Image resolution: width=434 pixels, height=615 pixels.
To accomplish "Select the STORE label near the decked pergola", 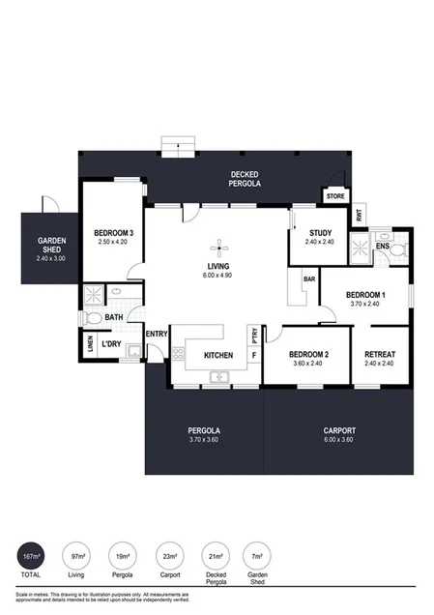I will pyautogui.click(x=335, y=196).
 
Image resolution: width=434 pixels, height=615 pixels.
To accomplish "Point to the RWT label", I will pyautogui.click(x=360, y=217).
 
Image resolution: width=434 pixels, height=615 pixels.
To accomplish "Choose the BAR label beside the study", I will pyautogui.click(x=309, y=279).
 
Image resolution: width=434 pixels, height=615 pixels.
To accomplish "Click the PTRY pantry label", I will pyautogui.click(x=253, y=336).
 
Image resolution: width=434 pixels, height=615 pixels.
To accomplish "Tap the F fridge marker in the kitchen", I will pyautogui.click(x=253, y=355).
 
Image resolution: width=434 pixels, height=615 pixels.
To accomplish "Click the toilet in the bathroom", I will pyautogui.click(x=94, y=317).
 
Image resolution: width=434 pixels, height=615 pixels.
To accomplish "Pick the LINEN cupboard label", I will pyautogui.click(x=89, y=345).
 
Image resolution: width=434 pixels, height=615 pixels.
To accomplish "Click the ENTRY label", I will pyautogui.click(x=157, y=335).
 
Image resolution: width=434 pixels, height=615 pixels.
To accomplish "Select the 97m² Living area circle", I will pyautogui.click(x=78, y=557).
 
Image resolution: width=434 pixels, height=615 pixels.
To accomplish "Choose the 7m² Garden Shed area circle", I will pyautogui.click(x=257, y=557).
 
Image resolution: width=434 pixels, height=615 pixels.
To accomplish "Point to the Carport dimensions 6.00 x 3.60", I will pyautogui.click(x=338, y=441).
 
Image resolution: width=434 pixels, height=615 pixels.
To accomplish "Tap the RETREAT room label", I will pyautogui.click(x=380, y=355).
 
